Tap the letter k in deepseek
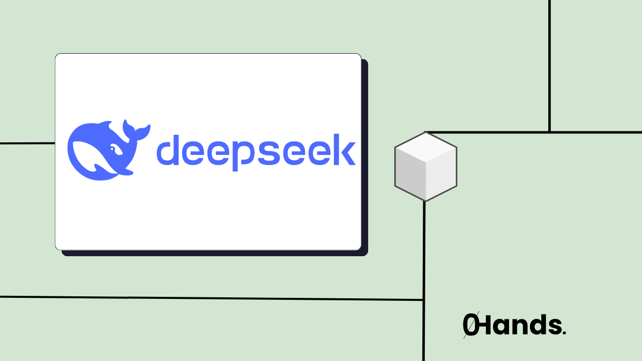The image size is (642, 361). point(345,149)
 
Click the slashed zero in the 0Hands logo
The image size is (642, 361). point(469,325)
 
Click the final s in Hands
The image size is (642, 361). point(554,327)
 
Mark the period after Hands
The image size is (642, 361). point(564,333)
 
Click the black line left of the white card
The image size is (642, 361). point(28,143)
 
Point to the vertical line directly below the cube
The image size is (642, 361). point(424,251)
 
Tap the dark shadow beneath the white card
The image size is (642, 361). point(216,253)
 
